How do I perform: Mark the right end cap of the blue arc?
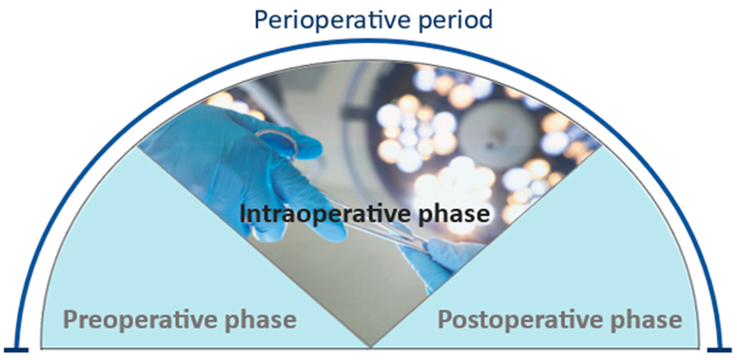tap(720, 350)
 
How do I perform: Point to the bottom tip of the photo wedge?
tap(370, 348)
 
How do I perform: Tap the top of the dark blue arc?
tap(369, 42)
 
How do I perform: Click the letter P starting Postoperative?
tap(445, 319)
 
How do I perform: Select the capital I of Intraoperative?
tap(243, 214)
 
